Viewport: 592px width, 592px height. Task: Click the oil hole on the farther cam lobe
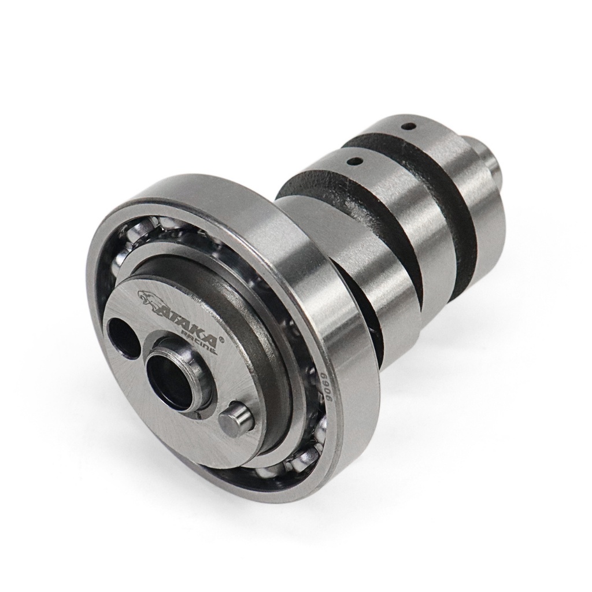click(409, 125)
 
